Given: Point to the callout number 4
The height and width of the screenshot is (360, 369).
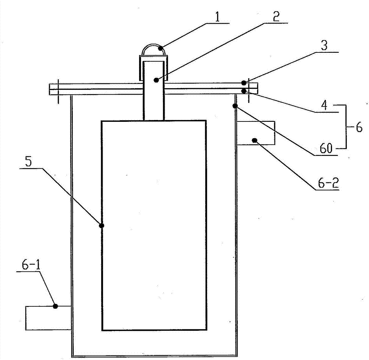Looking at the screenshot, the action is [x=324, y=105].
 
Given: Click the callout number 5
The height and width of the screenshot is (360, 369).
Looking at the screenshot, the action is [x=28, y=162].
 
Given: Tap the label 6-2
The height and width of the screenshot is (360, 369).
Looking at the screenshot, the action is [x=328, y=183].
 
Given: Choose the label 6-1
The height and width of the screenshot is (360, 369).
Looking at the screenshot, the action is [x=31, y=265].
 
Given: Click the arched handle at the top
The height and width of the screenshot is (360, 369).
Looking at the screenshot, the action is [x=154, y=50].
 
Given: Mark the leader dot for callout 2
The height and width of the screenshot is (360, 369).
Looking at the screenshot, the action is [x=156, y=80].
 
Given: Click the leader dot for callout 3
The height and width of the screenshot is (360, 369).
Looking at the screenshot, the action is [x=244, y=83].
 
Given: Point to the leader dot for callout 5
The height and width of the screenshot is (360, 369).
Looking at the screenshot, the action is [x=101, y=226].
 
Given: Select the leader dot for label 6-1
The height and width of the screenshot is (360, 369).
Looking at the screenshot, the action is [x=55, y=306].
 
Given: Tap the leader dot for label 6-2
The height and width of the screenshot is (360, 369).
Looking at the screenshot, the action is [x=254, y=141].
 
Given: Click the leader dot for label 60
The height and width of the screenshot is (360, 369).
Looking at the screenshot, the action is [x=235, y=106].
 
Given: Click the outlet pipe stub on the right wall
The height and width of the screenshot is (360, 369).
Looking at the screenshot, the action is [x=256, y=133].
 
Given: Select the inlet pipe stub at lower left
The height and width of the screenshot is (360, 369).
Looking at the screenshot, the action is [x=48, y=318].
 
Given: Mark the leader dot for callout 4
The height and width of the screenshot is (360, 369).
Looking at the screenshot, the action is [x=245, y=91].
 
